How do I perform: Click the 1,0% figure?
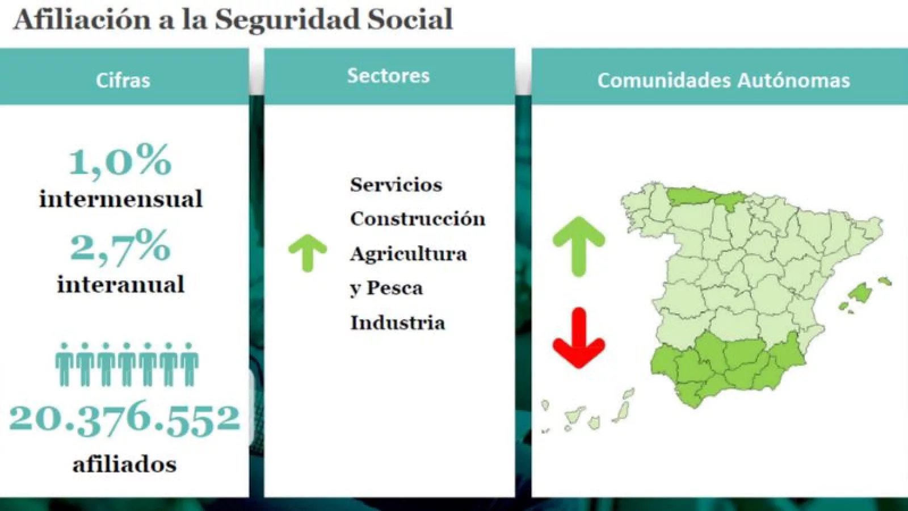120,161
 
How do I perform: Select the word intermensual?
121,199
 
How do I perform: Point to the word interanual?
121,284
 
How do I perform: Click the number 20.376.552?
125,418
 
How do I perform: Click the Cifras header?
123,80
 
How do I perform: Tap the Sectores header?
388,76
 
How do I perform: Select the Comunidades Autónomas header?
724,80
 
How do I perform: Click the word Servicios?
396,185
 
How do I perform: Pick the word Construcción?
418,219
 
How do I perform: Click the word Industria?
398,323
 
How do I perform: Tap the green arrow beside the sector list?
308,252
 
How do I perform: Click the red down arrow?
579,337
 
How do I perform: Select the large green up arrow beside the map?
579,246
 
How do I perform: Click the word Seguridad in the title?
287,19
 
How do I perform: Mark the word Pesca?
394,288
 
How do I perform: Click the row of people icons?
127,364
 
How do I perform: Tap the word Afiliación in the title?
82,19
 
